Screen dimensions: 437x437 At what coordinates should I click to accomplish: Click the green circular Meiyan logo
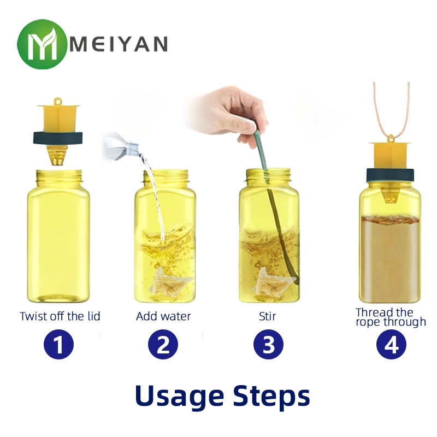(x=42, y=44)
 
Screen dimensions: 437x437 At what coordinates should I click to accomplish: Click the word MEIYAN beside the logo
(x=119, y=44)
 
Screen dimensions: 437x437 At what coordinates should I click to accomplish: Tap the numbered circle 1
(x=59, y=344)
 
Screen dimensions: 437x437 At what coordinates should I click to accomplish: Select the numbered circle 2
(x=163, y=344)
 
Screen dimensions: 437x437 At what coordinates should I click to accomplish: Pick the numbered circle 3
(x=268, y=344)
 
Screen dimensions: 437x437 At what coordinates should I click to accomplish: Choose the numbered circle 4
(x=391, y=344)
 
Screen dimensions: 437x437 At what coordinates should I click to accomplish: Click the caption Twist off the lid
(x=60, y=316)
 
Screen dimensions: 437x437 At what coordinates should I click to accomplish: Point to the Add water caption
(x=163, y=316)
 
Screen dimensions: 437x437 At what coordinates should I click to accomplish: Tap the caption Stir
(x=267, y=316)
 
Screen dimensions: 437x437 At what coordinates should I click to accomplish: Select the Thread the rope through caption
(x=391, y=317)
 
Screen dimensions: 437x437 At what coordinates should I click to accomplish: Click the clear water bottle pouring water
(x=121, y=147)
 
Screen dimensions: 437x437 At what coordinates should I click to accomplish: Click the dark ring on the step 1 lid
(x=58, y=138)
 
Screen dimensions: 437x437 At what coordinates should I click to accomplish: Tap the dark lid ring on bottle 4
(x=390, y=175)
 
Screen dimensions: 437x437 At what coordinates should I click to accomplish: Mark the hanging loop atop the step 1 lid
(x=58, y=101)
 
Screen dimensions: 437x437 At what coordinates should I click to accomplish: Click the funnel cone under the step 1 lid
(x=58, y=155)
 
